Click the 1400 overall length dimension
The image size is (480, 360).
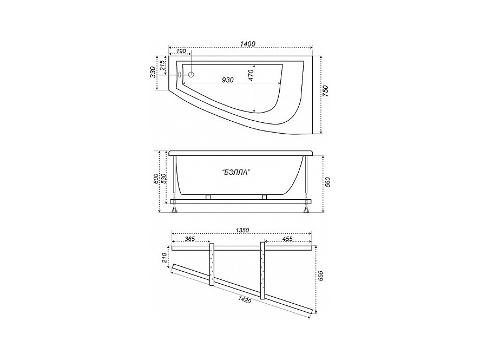tap(247, 44)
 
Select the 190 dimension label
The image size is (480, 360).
tap(181, 51)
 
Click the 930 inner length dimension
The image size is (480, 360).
tap(228, 80)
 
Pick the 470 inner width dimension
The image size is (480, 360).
tap(251, 75)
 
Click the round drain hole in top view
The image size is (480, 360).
tap(192, 74)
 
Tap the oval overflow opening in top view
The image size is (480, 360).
tap(180, 74)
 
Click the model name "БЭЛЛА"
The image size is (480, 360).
tap(235, 172)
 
